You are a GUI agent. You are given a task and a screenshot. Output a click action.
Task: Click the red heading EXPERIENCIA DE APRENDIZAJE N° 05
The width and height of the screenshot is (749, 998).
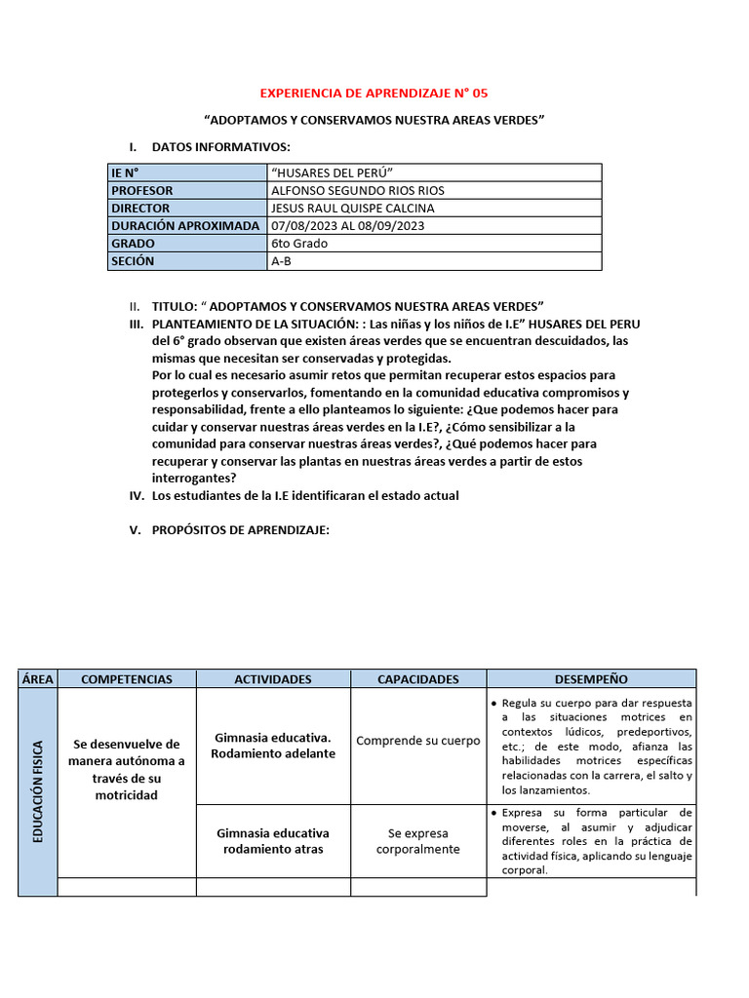point(374,94)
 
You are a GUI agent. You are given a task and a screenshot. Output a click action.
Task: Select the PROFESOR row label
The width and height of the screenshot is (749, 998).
point(141,191)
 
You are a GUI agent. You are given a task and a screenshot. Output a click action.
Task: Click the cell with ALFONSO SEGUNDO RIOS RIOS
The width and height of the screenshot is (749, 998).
point(357,191)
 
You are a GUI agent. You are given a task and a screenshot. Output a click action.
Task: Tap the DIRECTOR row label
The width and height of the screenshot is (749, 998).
point(140,209)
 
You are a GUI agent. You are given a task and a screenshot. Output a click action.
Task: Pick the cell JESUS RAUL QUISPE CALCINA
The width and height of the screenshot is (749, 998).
point(353,209)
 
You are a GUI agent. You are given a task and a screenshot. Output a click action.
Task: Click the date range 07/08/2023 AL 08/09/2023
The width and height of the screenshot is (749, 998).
point(348,226)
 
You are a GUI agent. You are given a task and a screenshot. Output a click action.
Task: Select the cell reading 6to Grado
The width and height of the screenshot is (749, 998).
point(299,244)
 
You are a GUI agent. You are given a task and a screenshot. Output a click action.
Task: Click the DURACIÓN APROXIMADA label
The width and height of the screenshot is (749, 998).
point(185,226)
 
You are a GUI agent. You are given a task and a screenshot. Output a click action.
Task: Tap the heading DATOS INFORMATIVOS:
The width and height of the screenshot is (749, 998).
point(221,146)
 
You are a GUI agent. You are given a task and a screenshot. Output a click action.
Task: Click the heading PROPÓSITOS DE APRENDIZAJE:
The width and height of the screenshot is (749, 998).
point(241,530)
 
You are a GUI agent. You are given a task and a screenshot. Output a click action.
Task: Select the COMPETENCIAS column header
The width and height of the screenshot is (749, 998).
point(127,679)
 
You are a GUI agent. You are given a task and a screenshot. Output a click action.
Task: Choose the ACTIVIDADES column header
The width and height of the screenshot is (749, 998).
point(273,679)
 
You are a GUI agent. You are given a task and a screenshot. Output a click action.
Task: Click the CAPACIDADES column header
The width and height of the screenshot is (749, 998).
point(418,679)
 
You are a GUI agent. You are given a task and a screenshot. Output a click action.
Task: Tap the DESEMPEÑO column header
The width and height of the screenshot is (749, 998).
point(591,679)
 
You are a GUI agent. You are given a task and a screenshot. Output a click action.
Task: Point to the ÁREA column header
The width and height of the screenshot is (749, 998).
point(38,679)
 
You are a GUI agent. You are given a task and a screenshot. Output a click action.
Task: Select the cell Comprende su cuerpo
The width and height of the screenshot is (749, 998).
point(418,741)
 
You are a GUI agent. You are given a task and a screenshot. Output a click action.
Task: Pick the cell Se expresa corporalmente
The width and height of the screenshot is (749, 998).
point(418,841)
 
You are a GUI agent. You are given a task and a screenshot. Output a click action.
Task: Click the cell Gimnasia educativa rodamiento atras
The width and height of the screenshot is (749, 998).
point(273,841)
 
